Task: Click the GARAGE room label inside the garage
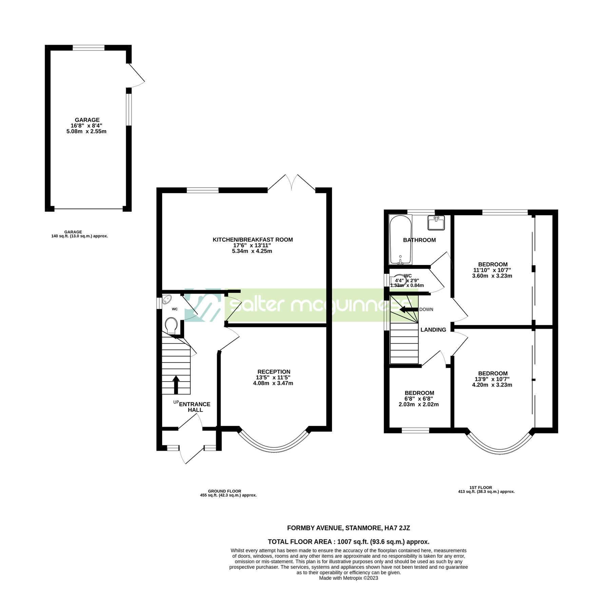pos(87,120)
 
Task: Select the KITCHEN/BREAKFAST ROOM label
pos(253,240)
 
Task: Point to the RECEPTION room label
pos(274,372)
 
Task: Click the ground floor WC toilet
pos(172,325)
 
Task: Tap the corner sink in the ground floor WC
pos(167,300)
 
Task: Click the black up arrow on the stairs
pos(176,385)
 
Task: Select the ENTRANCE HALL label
pos(195,407)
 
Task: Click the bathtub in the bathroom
pos(401,240)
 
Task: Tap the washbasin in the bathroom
pos(436,223)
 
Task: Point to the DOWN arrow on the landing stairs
pos(409,309)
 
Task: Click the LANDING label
pos(433,330)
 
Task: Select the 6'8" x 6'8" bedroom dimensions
pos(419,399)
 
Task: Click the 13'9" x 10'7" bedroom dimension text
pos(492,379)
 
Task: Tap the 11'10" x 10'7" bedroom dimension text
pos(492,270)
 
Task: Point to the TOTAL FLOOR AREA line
pos(348,542)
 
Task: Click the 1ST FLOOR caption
pos(481,488)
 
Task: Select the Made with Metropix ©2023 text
pos(348,578)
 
